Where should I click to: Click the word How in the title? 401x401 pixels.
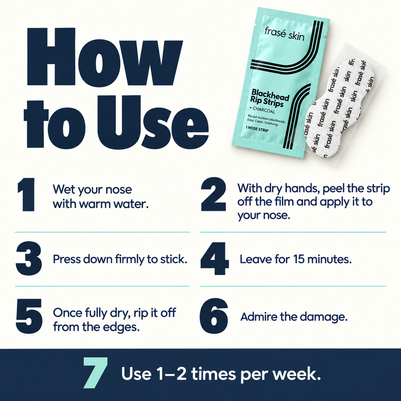104,57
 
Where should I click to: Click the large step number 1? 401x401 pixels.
26,194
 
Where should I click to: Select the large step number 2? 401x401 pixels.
214,194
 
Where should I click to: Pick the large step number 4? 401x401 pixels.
215,258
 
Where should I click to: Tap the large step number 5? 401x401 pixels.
29,316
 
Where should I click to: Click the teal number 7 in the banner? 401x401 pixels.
95,373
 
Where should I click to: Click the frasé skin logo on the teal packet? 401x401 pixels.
284,34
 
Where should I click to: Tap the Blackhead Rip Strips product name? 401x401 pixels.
270,98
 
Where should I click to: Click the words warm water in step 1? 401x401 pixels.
113,204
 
